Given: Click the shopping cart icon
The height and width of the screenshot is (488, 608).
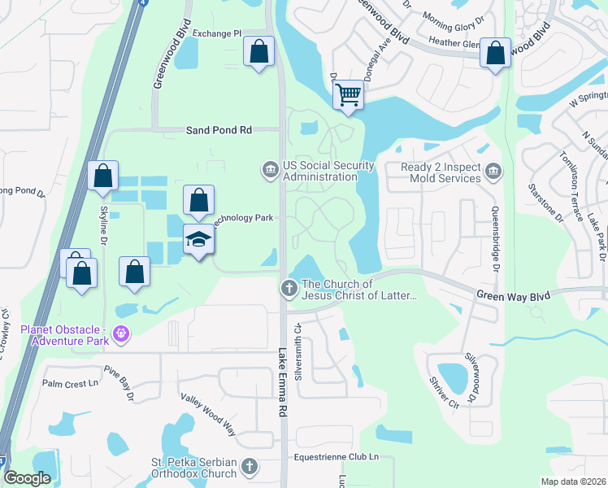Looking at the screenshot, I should tap(348, 94).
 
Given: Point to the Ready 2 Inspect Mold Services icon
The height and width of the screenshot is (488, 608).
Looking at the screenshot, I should tap(493, 170).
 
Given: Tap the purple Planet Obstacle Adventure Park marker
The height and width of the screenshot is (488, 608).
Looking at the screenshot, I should tap(122, 333).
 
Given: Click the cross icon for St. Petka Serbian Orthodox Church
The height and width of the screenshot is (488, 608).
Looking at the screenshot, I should tap(250, 467).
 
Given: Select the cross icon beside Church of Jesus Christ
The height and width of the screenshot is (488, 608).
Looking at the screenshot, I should tap(288, 288).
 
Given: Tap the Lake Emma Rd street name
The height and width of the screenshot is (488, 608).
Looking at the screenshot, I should tap(283, 383).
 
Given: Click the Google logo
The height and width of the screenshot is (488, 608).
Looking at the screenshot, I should tap(28, 478).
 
